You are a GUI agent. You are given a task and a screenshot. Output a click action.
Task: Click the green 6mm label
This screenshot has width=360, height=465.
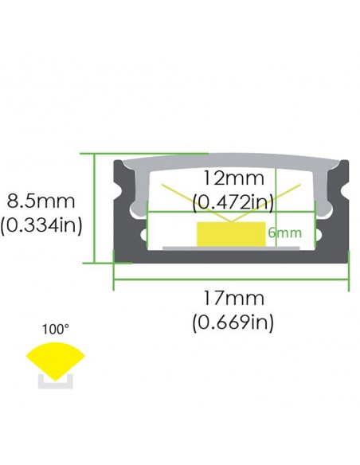pos(285,232)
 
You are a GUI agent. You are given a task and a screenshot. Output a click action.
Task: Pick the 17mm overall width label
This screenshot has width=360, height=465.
pos(233,299)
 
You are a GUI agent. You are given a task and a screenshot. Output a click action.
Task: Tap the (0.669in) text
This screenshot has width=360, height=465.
pos(233,322)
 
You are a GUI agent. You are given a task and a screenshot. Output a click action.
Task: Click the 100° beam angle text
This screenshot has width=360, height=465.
pos(55,328)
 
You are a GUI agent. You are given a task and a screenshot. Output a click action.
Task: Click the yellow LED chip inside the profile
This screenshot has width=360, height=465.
pos(230,234)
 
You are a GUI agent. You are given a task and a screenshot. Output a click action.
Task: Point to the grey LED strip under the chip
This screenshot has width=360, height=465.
pos(231,248)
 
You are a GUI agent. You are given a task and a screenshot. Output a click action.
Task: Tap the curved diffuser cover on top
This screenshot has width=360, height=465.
pos(231,161)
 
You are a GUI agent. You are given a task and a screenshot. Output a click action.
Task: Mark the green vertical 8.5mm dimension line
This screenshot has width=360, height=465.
pos(96,207)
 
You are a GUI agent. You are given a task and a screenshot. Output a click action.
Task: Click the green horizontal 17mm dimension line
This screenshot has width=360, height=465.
pos(231,279)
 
